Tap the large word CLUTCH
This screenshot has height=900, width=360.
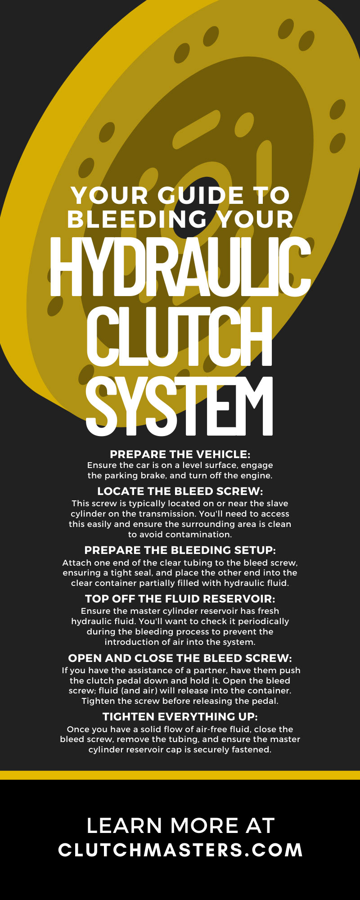(x=180, y=336)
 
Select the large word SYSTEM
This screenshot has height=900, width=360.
(x=180, y=406)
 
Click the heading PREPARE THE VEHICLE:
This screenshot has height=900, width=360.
(x=180, y=454)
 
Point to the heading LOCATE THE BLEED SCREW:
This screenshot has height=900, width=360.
(x=180, y=491)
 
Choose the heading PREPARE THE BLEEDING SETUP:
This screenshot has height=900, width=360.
(x=180, y=550)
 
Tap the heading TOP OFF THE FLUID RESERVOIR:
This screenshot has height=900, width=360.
(x=180, y=598)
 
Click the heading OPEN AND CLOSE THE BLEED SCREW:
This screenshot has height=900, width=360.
(x=180, y=658)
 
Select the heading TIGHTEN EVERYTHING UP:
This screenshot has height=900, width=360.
(x=180, y=717)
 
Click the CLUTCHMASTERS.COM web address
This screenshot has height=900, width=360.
(x=180, y=850)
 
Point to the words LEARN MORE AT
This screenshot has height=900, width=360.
(x=180, y=826)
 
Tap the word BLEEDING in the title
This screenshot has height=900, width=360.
(x=137, y=219)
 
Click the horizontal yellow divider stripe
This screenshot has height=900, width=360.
(x=180, y=775)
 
